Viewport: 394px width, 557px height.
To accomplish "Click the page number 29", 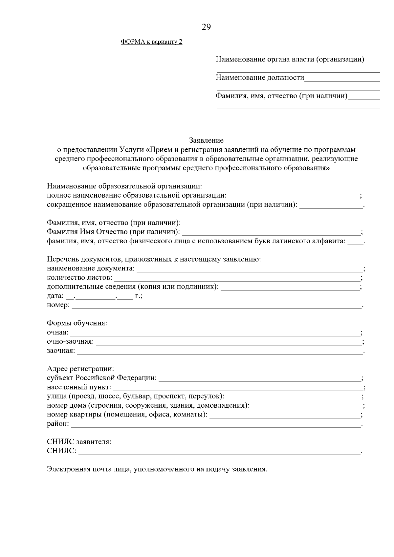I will [206, 27].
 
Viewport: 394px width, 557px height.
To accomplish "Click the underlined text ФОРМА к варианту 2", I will [151, 42].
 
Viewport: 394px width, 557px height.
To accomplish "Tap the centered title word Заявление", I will [206, 140].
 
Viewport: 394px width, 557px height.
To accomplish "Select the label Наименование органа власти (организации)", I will [290, 59].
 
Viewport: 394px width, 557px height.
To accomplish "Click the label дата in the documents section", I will [55, 296].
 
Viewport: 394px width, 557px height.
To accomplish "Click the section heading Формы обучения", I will [77, 323].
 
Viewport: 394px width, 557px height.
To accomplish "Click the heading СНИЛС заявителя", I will [79, 442].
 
